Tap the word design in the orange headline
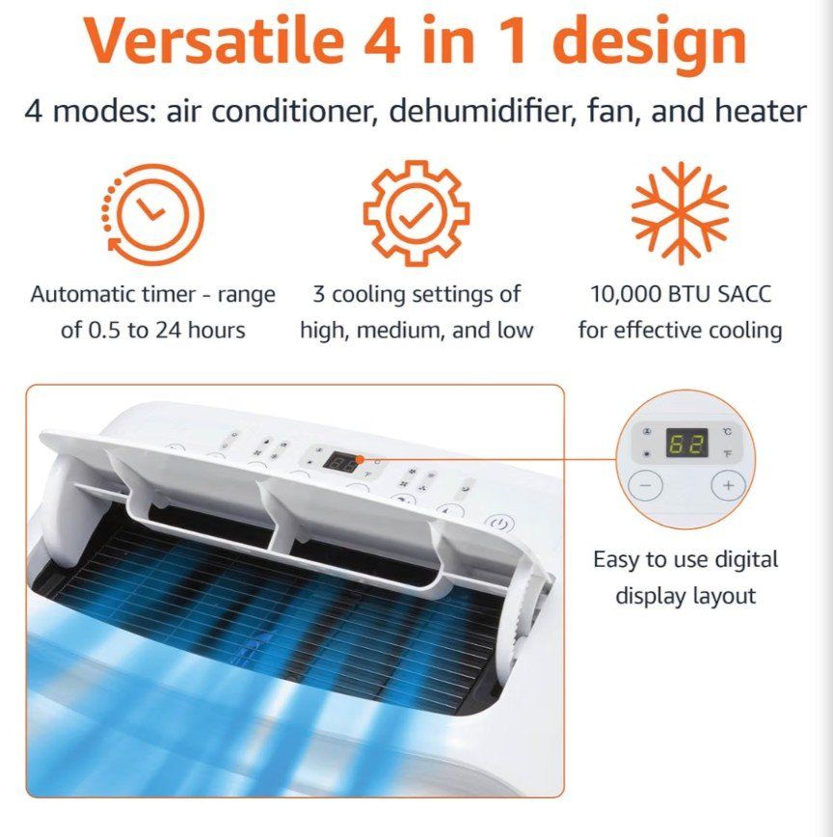coord(650,44)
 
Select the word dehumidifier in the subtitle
coord(482,111)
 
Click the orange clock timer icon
coord(153,214)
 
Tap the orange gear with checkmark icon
coord(416,213)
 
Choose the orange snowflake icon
coord(680,213)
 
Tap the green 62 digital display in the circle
coord(687,443)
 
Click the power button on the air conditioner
coord(500,524)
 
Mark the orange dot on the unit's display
coord(360,459)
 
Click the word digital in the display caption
coord(746,560)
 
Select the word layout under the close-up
coord(724,596)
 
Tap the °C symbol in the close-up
coord(727,431)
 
